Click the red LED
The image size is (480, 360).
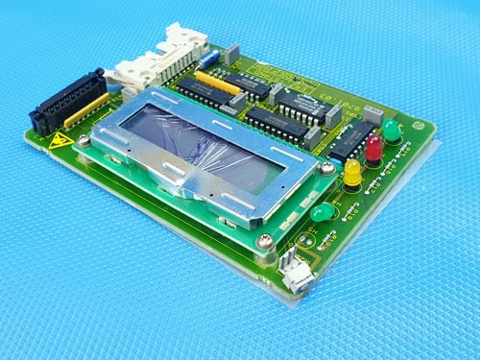point(373,147)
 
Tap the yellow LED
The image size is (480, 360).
point(352,172)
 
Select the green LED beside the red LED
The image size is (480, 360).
point(392,129)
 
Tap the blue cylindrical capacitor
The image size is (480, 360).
point(231,55)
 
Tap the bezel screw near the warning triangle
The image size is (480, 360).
point(84,141)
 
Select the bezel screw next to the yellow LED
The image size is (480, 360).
point(327,169)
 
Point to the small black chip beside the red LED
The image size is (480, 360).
point(351,138)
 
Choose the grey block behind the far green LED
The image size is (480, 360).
point(372,115)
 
